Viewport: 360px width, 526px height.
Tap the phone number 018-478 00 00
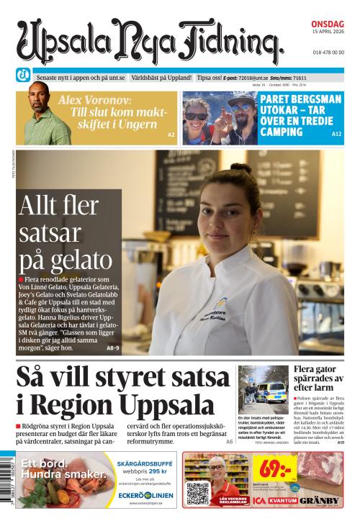[328, 53]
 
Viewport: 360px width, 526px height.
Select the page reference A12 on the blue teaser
[336, 135]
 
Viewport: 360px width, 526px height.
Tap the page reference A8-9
[112, 348]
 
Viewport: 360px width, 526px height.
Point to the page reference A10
[341, 443]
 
